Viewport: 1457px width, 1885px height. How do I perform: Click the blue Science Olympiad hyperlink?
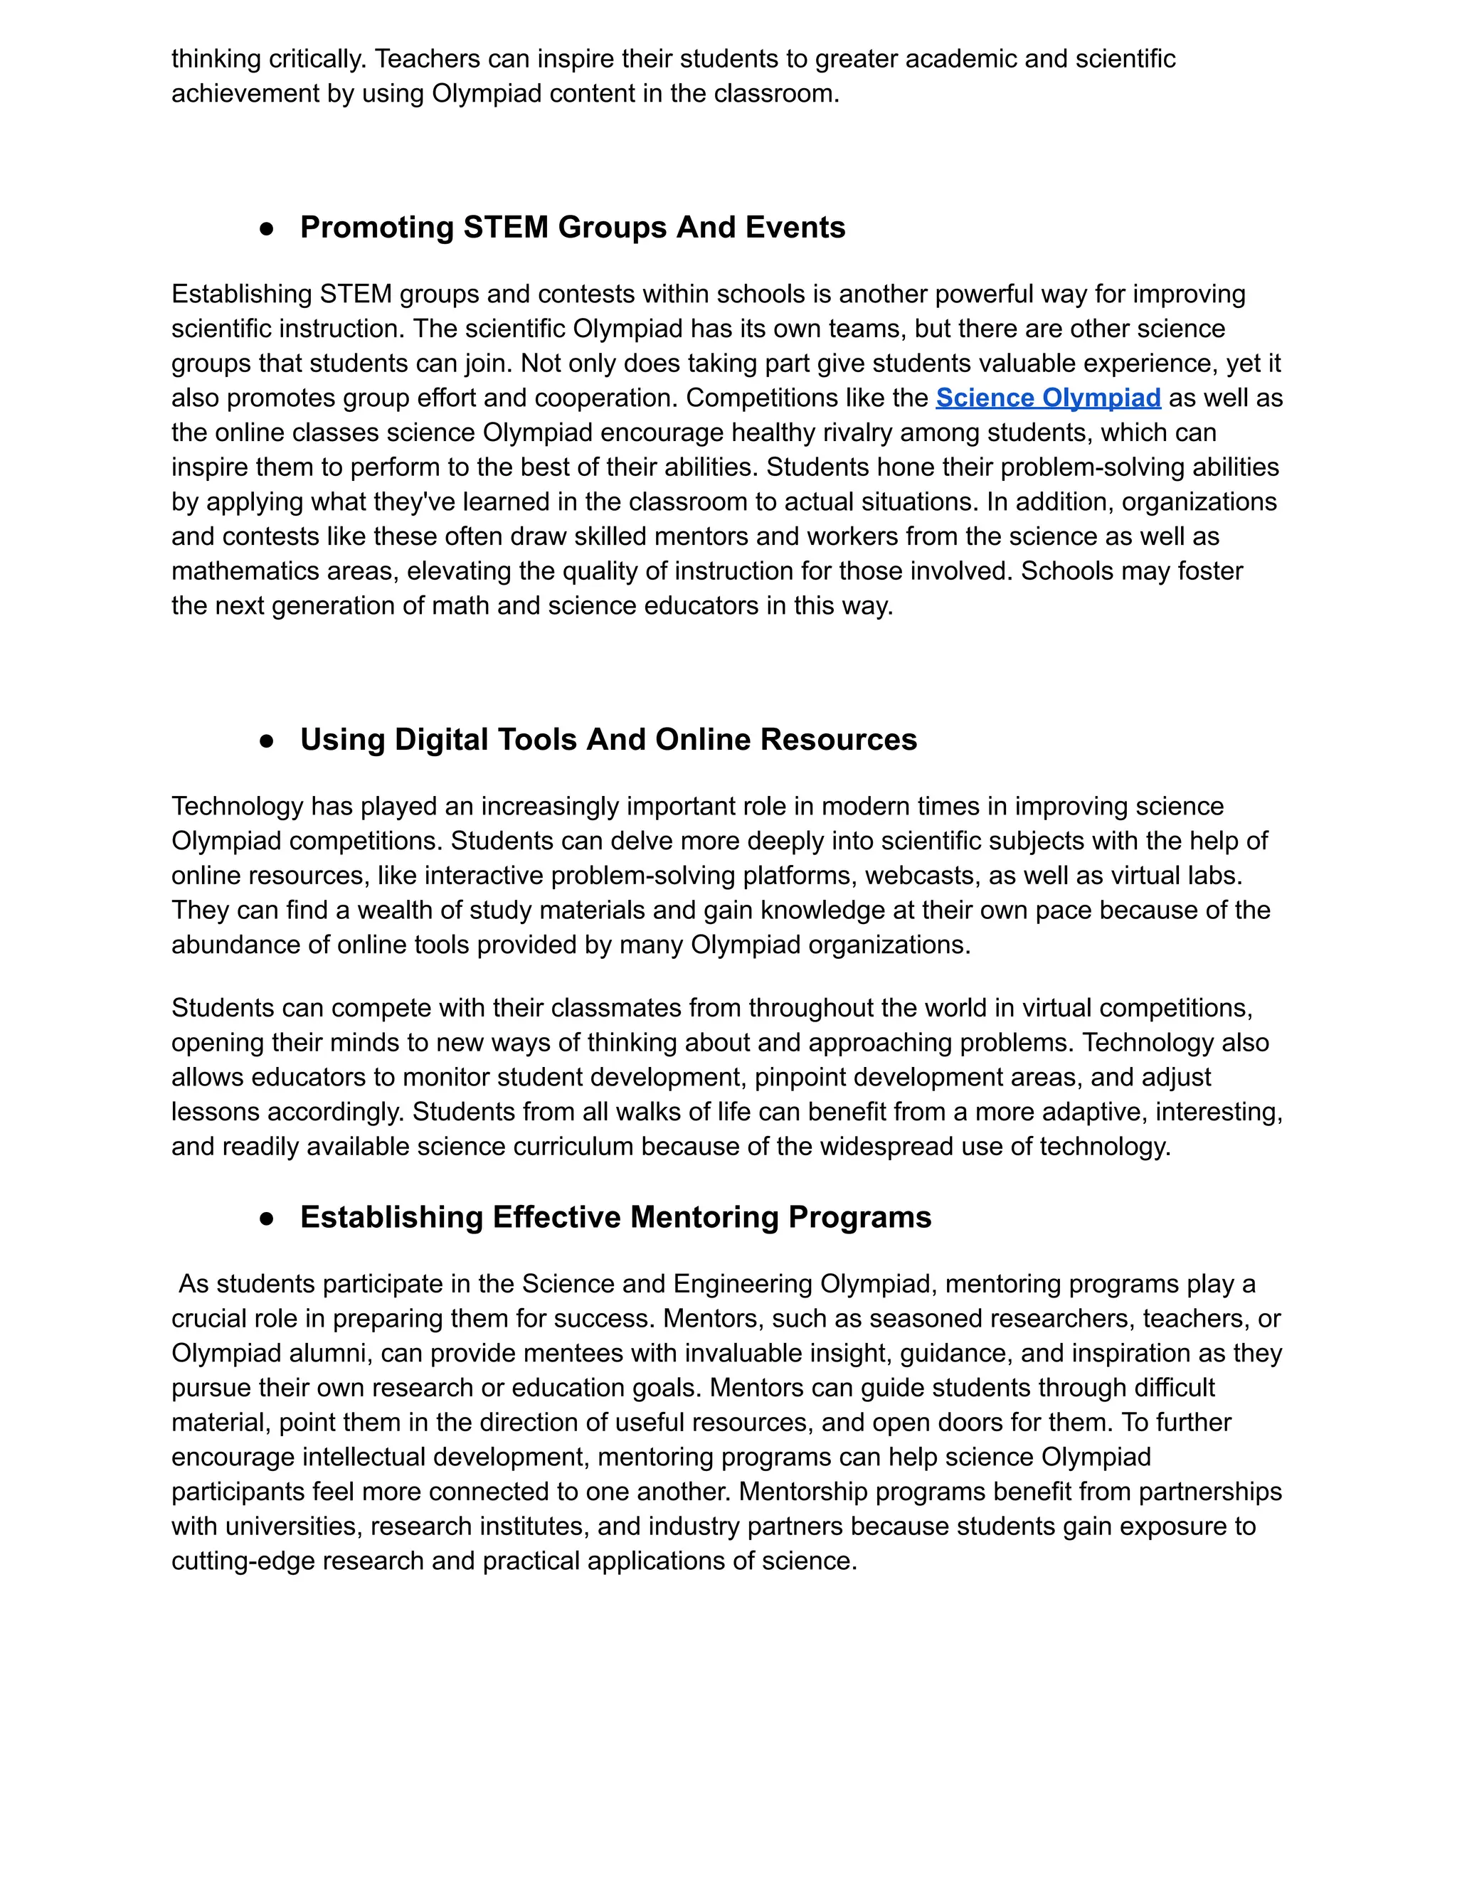point(1048,398)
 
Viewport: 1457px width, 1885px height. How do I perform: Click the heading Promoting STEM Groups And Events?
point(572,227)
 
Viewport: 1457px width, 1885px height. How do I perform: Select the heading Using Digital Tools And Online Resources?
point(608,740)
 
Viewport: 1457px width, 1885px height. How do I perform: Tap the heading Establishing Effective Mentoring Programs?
point(615,1217)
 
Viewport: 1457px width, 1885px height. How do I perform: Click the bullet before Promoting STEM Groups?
point(267,229)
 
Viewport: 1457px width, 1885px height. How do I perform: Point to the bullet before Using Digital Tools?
point(267,741)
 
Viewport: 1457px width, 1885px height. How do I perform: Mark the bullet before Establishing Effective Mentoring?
point(267,1218)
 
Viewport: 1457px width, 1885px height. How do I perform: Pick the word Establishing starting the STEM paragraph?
point(242,294)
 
